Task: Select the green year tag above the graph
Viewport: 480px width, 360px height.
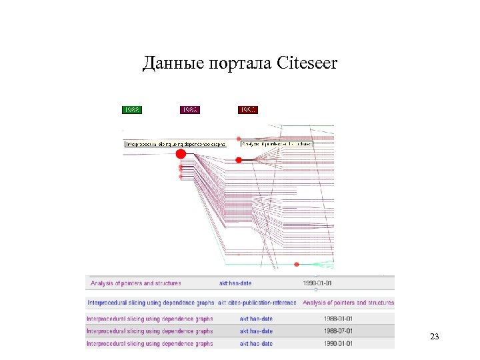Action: [x=132, y=110]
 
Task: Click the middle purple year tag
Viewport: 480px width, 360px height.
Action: [x=190, y=110]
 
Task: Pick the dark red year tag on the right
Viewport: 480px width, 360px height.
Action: [x=247, y=110]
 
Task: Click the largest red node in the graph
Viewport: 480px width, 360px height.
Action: [x=181, y=154]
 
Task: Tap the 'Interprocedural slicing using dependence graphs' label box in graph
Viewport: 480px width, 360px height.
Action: [x=175, y=143]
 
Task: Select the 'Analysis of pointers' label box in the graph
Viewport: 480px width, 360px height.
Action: [x=277, y=143]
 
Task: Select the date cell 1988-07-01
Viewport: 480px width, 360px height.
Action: [x=338, y=331]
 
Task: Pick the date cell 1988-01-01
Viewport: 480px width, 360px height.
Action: [x=338, y=319]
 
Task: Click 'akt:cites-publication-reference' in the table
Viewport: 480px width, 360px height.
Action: [x=257, y=303]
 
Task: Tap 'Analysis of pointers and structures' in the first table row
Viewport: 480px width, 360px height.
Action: [x=136, y=283]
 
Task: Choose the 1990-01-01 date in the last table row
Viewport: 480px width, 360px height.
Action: [x=338, y=344]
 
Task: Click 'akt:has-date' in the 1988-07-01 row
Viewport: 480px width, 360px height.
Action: [x=256, y=331]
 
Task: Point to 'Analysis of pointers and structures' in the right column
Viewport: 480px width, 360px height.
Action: [x=348, y=303]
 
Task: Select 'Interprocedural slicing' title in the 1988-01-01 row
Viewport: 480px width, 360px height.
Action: [x=150, y=319]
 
